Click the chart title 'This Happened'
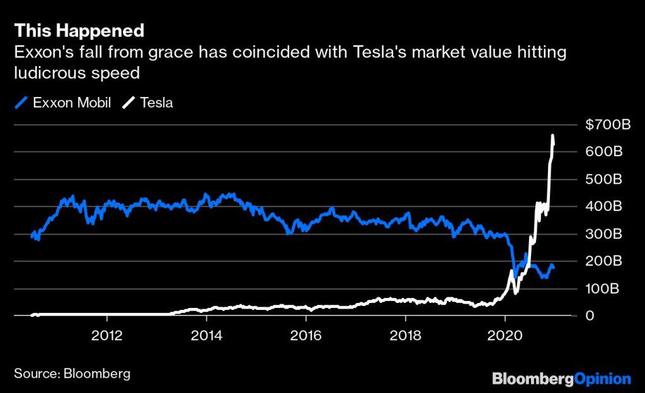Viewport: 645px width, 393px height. [x=79, y=30]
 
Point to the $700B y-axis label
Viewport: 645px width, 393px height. [x=607, y=125]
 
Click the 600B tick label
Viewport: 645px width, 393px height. [x=604, y=152]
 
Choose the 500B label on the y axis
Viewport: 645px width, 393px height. [x=604, y=179]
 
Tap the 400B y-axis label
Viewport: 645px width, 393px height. [x=604, y=207]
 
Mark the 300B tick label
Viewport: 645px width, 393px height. [x=604, y=234]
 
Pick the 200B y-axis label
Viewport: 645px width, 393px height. [x=604, y=261]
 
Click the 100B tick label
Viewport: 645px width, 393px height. [x=604, y=289]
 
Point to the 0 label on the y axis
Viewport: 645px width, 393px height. [x=590, y=316]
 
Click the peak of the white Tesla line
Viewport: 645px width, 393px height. [x=552, y=136]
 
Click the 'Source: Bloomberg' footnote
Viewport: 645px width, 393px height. [x=72, y=373]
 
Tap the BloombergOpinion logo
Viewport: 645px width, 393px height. [x=561, y=379]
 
